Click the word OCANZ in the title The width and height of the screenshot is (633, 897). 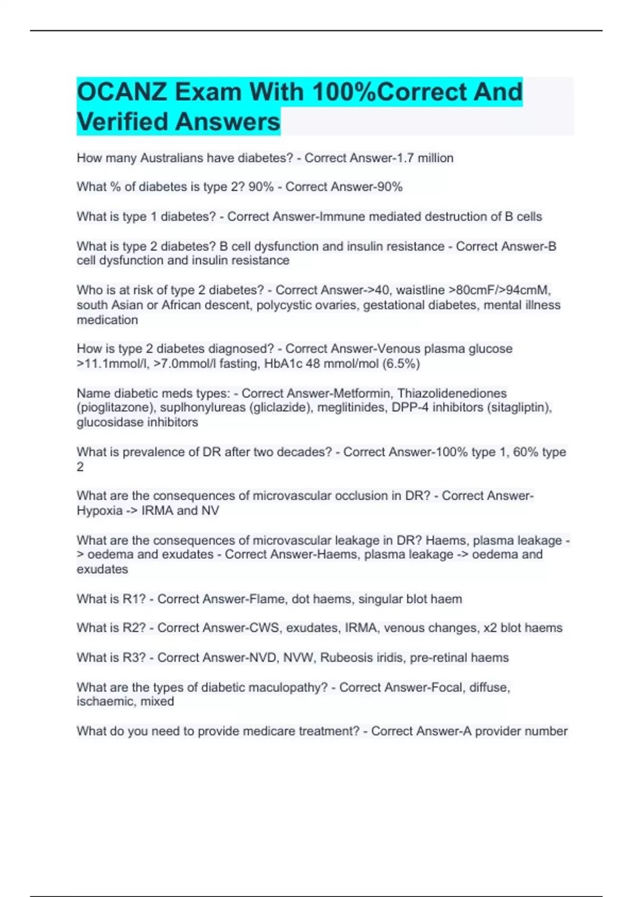(x=122, y=92)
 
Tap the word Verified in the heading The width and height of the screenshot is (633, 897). (x=122, y=122)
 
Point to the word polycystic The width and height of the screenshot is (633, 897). (x=283, y=305)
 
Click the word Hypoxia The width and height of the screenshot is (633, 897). (x=99, y=511)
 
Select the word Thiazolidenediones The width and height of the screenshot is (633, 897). (x=452, y=394)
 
